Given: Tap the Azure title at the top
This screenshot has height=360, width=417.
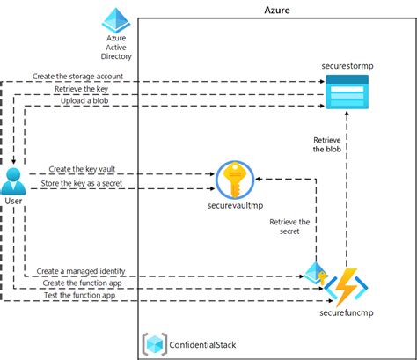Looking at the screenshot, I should [277, 10].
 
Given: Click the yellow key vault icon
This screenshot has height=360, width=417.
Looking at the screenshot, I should [234, 179].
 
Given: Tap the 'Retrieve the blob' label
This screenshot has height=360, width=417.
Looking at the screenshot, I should [328, 144].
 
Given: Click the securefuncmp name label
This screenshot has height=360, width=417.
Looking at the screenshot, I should [344, 312].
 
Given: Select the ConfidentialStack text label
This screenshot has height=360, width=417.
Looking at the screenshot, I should [203, 343].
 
